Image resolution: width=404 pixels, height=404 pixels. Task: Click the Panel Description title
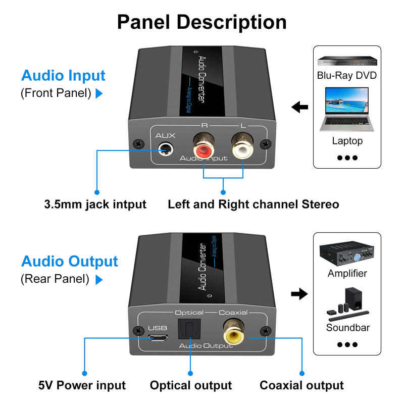point(202,22)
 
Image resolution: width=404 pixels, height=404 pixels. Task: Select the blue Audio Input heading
point(63,75)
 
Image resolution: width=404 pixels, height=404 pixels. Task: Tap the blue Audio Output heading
point(69,261)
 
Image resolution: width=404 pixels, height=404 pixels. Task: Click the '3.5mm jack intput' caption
point(95,205)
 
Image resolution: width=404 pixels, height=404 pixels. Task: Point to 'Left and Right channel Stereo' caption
point(253,205)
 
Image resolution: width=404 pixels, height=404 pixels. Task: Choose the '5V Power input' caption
point(82,385)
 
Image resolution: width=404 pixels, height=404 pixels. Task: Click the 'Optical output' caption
point(191,385)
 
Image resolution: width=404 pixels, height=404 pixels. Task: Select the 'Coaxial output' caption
point(301,385)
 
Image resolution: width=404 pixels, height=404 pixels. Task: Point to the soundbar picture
point(347,305)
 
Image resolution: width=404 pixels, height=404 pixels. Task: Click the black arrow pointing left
point(300,107)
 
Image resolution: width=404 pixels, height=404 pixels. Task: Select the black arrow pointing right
point(300,293)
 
